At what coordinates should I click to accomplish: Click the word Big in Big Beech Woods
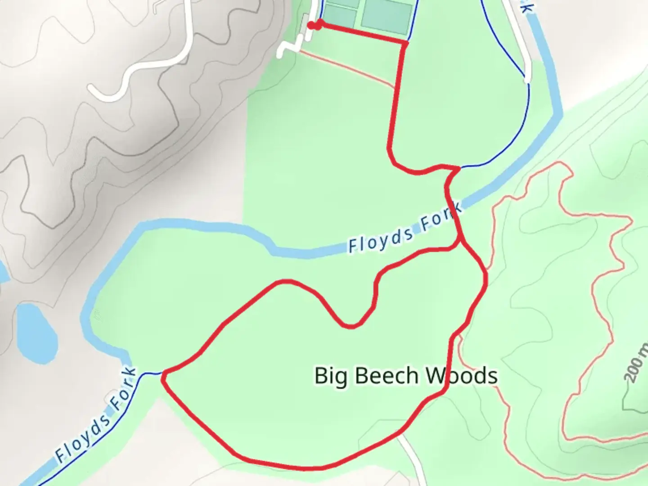click(x=331, y=376)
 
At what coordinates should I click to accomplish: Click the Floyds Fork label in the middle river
click(x=405, y=229)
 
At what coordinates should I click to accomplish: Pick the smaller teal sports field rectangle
click(x=341, y=13)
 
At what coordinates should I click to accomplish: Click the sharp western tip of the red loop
click(x=163, y=374)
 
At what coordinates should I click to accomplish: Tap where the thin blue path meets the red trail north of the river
click(x=459, y=168)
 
